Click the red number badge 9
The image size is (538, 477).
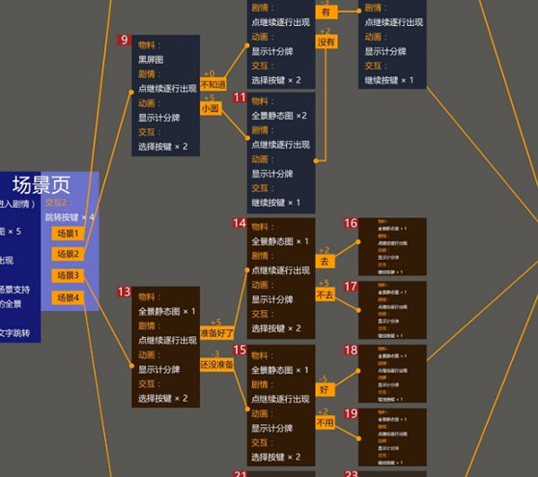[125, 40]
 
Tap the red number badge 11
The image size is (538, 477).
[239, 97]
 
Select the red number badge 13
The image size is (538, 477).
[125, 291]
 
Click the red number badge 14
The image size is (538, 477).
[239, 222]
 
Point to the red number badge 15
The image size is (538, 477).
[239, 350]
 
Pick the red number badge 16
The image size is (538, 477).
[351, 222]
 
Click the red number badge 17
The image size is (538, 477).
[351, 286]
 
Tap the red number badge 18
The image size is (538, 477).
[351, 350]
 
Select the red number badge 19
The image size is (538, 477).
[351, 413]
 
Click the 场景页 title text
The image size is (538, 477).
[41, 186]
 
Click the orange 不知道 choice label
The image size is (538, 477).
[214, 85]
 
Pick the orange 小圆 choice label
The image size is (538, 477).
[211, 108]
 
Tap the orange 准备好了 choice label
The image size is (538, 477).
[217, 334]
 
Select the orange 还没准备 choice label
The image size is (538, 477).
[217, 364]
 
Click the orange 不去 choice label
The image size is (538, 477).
[325, 294]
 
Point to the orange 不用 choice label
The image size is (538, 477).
[325, 421]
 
